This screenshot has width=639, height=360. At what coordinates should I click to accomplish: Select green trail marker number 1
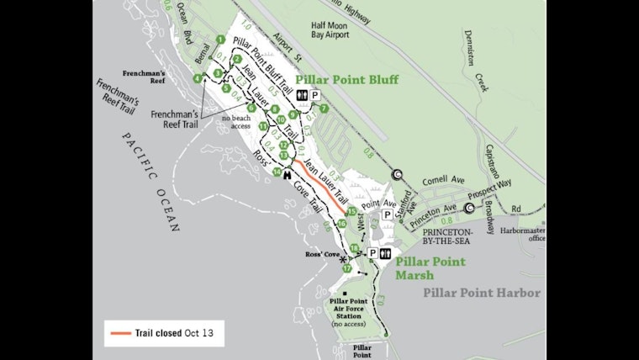[x=219, y=40]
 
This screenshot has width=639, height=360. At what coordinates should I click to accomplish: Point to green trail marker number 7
[x=324, y=109]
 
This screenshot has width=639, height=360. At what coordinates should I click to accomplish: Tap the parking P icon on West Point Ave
[x=388, y=214]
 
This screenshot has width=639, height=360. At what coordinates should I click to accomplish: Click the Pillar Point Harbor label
[x=482, y=293]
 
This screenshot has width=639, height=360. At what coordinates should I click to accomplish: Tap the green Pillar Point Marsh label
[x=430, y=268]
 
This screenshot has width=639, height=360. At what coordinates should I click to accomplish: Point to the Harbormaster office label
[x=524, y=233]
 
